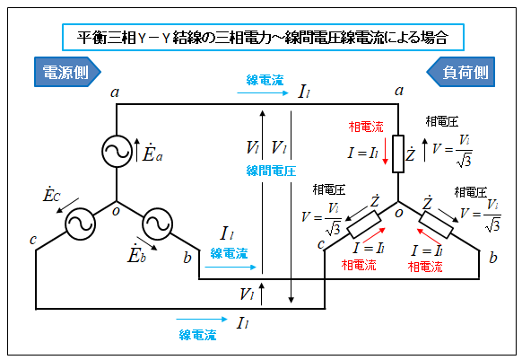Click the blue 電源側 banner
click(x=67, y=72)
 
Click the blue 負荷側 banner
click(x=461, y=72)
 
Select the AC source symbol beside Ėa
click(x=117, y=151)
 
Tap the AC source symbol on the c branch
click(x=80, y=224)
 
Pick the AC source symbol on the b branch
click(x=157, y=224)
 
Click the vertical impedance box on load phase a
click(x=398, y=154)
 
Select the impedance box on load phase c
click(x=364, y=224)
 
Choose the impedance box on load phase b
click(x=436, y=224)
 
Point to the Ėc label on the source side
click(x=51, y=194)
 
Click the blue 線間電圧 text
click(x=271, y=171)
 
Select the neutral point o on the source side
click(x=116, y=211)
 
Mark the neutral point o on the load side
click(x=399, y=213)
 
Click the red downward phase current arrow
click(x=385, y=151)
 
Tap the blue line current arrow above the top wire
click(x=263, y=93)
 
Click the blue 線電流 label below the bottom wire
click(x=197, y=335)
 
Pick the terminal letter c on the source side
click(x=32, y=240)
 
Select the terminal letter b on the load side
click(x=493, y=257)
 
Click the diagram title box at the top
click(x=263, y=37)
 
